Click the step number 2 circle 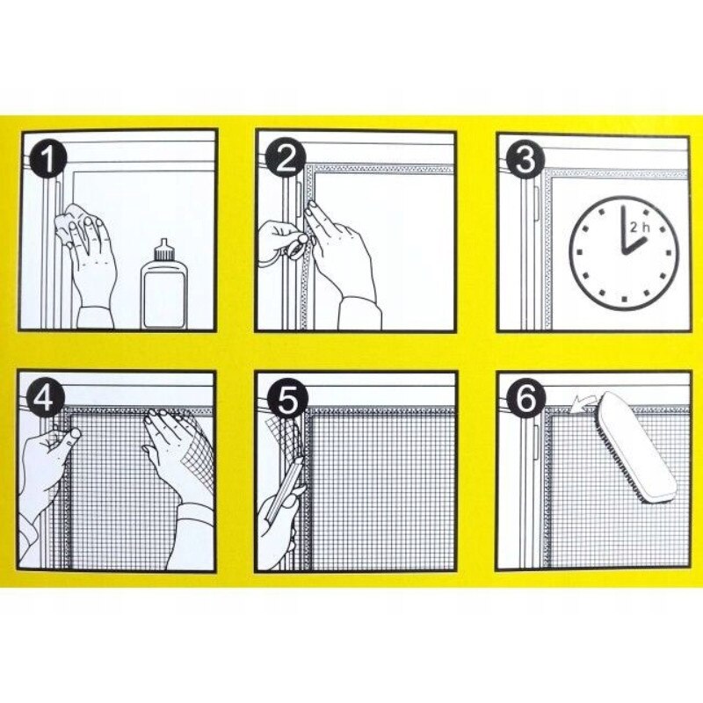click(286, 159)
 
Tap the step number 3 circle click(525, 160)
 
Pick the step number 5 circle click(286, 398)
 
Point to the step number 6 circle click(525, 398)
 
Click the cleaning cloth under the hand click(72, 224)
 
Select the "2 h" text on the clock click(639, 228)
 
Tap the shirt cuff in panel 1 click(96, 317)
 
